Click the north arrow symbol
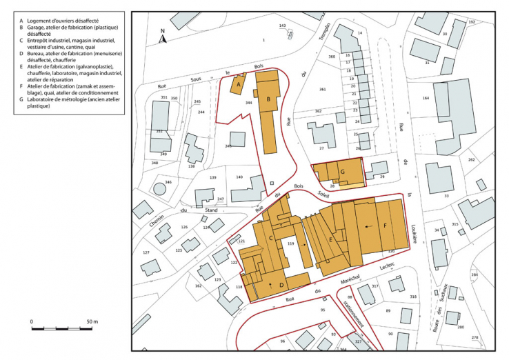coord(163,37)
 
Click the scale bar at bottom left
coord(61,328)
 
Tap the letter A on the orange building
coord(238,85)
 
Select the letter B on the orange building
coord(268,99)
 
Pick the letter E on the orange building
coord(331,239)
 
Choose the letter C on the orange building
coord(272,238)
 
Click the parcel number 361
coord(321,90)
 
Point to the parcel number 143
coord(282,25)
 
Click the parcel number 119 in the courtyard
coord(291,244)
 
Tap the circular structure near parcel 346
coord(160,188)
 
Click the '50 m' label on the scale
coord(92,322)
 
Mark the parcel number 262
coord(472,159)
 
